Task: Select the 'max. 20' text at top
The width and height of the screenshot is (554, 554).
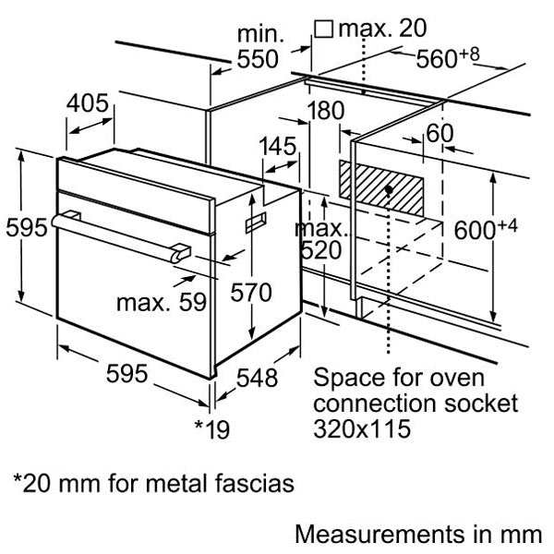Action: pyautogui.click(x=368, y=29)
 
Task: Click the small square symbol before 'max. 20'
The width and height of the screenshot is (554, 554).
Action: pyautogui.click(x=323, y=29)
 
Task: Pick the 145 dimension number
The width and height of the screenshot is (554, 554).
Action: pyautogui.click(x=277, y=147)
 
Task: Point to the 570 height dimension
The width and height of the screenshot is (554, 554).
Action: pyautogui.click(x=251, y=294)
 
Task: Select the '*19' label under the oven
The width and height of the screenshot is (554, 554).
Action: pyautogui.click(x=211, y=428)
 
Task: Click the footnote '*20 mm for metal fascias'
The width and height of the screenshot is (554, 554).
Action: pyautogui.click(x=152, y=482)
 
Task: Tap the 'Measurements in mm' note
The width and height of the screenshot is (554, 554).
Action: pyautogui.click(x=415, y=534)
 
